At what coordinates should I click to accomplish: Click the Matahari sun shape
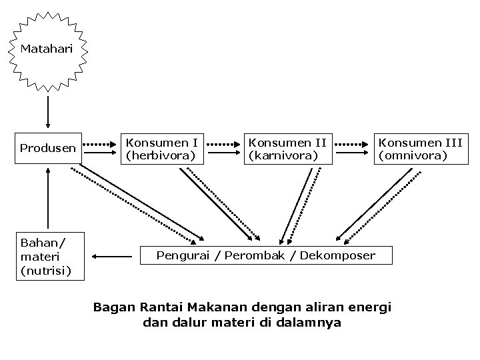(x=47, y=49)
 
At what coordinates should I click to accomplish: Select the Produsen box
(x=47, y=148)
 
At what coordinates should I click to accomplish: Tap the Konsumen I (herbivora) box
(x=161, y=149)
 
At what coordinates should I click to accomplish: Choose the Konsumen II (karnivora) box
(x=287, y=149)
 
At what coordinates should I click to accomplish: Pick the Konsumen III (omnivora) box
(x=419, y=149)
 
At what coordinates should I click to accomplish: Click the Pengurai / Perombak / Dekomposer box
(x=265, y=255)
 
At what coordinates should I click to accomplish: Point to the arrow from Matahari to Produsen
(x=47, y=111)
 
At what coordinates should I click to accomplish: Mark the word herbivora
(x=161, y=156)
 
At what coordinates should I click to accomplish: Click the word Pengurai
(x=181, y=255)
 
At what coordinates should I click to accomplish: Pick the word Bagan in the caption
(x=114, y=307)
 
